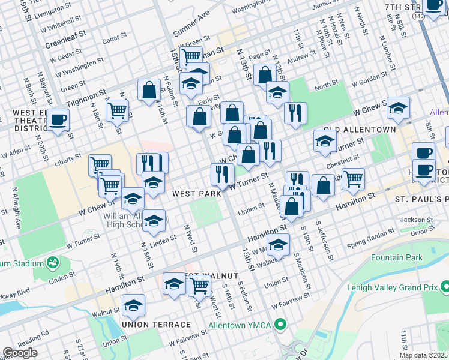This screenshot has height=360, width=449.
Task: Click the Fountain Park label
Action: [397, 258]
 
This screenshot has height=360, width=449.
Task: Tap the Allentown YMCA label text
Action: [240, 326]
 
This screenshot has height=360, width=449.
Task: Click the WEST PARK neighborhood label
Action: [193, 194]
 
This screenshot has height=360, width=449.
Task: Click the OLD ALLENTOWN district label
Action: [360, 130]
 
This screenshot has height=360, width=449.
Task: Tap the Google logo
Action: [20, 353]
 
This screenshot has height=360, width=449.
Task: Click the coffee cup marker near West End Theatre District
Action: [58, 119]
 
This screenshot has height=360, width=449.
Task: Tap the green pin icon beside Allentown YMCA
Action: [280, 326]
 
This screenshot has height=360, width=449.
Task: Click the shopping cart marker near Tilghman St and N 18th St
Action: [117, 110]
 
